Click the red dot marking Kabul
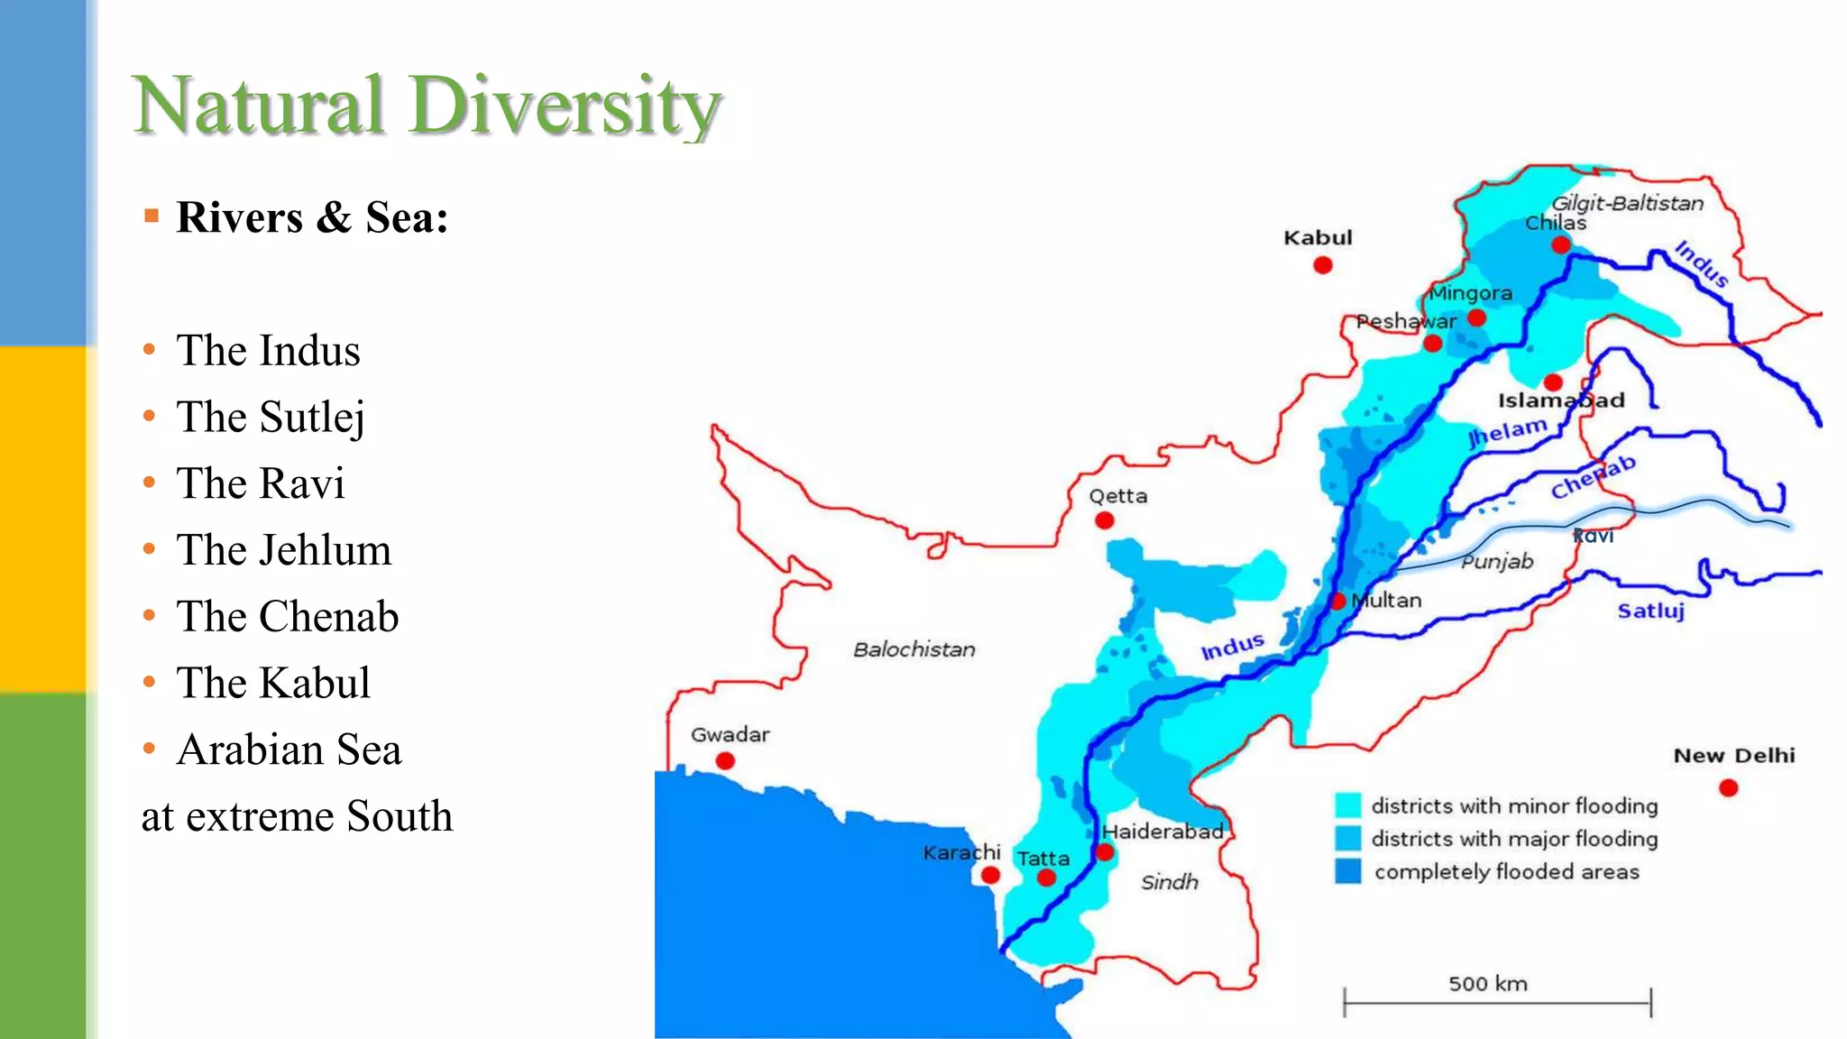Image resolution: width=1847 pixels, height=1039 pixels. point(1323,265)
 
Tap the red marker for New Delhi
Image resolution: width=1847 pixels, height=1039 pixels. point(1728,788)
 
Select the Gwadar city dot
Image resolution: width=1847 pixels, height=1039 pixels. point(725,761)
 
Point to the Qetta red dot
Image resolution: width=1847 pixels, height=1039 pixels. point(1104,520)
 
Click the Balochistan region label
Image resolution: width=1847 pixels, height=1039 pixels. point(914,649)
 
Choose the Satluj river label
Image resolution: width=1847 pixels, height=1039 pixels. point(1650,611)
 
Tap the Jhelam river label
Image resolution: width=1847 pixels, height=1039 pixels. point(1508,432)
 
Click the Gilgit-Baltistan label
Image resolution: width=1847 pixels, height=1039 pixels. point(1627,203)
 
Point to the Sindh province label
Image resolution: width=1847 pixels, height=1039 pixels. point(1169,882)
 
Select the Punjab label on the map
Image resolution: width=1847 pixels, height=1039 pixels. point(1497,562)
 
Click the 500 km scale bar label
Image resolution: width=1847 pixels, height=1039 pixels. point(1488,983)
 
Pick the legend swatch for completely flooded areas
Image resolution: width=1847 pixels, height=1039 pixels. point(1348,871)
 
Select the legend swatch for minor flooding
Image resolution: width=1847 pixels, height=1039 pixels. point(1348,805)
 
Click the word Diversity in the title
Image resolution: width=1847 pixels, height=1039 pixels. point(565,106)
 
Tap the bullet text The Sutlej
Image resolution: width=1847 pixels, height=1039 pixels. point(271,417)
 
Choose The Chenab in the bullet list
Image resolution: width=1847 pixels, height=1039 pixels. point(287,617)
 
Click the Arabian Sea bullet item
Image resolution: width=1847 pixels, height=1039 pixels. point(289,749)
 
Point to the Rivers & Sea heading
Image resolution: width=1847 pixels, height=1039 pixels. point(312,217)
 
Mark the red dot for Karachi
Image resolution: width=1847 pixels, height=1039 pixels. point(990,875)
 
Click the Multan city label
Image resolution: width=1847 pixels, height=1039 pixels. point(1389,601)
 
